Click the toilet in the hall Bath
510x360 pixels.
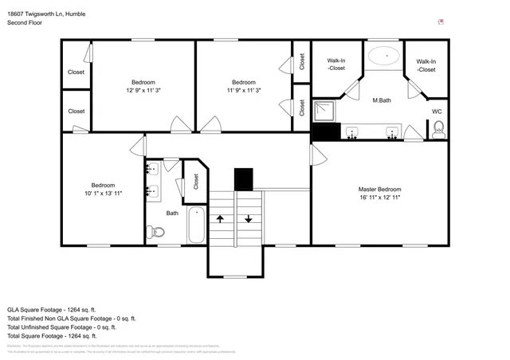pyautogui.click(x=156, y=232)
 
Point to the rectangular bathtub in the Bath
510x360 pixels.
pyautogui.click(x=195, y=225)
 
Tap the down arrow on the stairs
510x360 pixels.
pyautogui.click(x=249, y=217)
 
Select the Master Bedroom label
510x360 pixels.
pyautogui.click(x=379, y=190)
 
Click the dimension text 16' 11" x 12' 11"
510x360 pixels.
pyautogui.click(x=379, y=198)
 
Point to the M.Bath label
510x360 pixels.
pyautogui.click(x=382, y=100)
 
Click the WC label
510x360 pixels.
pyautogui.click(x=437, y=112)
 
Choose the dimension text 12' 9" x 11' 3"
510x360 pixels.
pyautogui.click(x=143, y=90)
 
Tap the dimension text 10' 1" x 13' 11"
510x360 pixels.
pyautogui.click(x=104, y=193)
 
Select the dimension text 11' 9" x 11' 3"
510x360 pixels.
pyautogui.click(x=243, y=90)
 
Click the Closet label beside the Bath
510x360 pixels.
pyautogui.click(x=195, y=182)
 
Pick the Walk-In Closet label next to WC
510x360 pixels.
pyautogui.click(x=426, y=65)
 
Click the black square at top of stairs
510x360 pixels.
pyautogui.click(x=243, y=179)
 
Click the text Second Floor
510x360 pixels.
pyautogui.click(x=25, y=23)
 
